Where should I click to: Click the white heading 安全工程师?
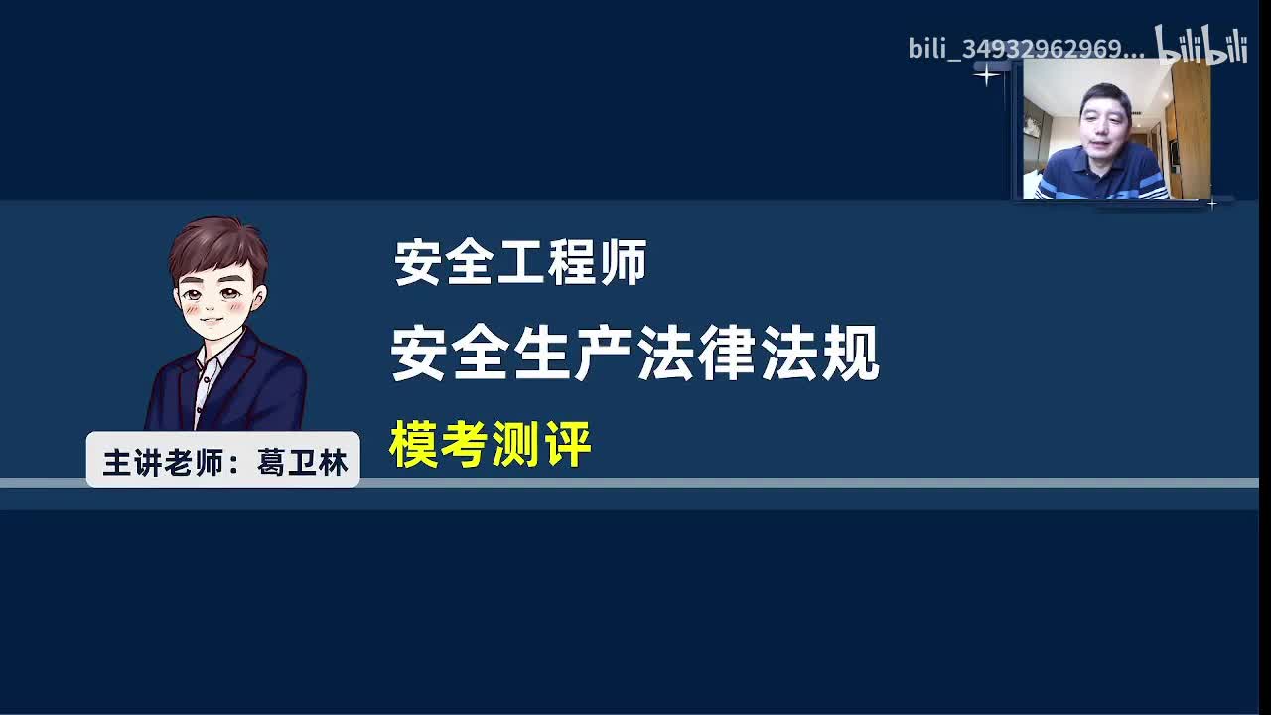[x=520, y=263]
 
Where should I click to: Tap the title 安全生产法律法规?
[x=635, y=355]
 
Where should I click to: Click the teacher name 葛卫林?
[x=303, y=463]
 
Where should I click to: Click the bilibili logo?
[x=1200, y=46]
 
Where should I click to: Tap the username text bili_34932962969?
[x=1026, y=49]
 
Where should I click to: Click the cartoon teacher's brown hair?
[x=216, y=243]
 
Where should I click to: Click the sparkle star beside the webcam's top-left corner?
[x=987, y=74]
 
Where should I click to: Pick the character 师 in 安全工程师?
[x=623, y=263]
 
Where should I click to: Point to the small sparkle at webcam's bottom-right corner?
[x=1212, y=204]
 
